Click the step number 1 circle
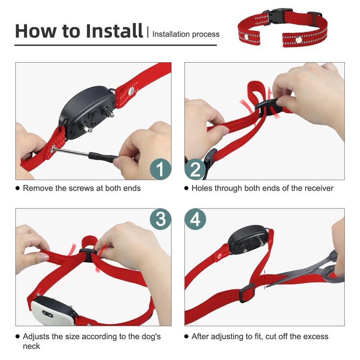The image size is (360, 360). (x=160, y=169)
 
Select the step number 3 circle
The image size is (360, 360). (x=160, y=219)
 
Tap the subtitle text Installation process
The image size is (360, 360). (x=186, y=34)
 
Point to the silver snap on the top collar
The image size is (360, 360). (x=299, y=40)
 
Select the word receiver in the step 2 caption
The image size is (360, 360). (x=316, y=188)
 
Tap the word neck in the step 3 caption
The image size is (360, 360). (x=31, y=346)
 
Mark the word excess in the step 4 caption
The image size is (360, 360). (x=315, y=337)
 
